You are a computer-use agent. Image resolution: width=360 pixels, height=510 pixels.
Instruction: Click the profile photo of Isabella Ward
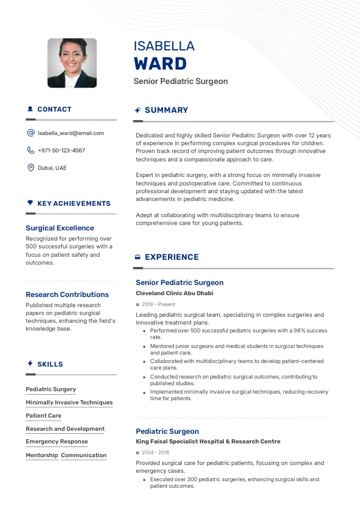[x=72, y=63]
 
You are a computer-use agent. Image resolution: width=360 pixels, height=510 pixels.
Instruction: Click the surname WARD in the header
[x=160, y=64]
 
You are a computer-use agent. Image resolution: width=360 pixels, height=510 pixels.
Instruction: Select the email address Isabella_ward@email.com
[x=71, y=133]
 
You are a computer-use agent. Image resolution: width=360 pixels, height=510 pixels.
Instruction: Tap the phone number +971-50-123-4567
[x=61, y=151]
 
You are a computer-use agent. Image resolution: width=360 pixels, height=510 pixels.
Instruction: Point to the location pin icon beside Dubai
[x=31, y=168]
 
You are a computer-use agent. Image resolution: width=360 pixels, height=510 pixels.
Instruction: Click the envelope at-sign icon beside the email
[x=31, y=133]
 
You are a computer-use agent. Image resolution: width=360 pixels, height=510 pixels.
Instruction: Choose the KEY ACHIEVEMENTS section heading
[x=74, y=203]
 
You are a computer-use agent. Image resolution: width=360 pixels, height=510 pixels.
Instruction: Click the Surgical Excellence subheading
[x=60, y=228]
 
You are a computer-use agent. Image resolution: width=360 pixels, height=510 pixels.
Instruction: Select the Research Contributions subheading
[x=67, y=295]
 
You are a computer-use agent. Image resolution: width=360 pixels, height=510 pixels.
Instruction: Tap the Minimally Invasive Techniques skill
[x=69, y=403]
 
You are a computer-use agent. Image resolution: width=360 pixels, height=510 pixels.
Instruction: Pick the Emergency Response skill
[x=56, y=442]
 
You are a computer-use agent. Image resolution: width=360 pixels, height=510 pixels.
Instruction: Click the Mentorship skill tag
[x=42, y=455]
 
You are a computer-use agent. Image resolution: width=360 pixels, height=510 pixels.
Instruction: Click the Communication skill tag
[x=83, y=455]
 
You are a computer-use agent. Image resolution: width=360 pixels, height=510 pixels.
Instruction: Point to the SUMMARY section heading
[x=166, y=110]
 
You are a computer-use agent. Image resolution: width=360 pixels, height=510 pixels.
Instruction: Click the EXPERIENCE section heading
[x=172, y=257]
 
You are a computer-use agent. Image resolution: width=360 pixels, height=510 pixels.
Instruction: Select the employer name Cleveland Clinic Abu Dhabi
[x=175, y=293]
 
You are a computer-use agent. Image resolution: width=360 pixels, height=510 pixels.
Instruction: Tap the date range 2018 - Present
[x=158, y=304]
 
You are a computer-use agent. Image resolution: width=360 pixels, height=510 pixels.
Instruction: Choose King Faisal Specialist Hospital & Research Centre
[x=208, y=442]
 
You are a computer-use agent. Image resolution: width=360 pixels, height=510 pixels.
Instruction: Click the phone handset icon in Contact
[x=31, y=151]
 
